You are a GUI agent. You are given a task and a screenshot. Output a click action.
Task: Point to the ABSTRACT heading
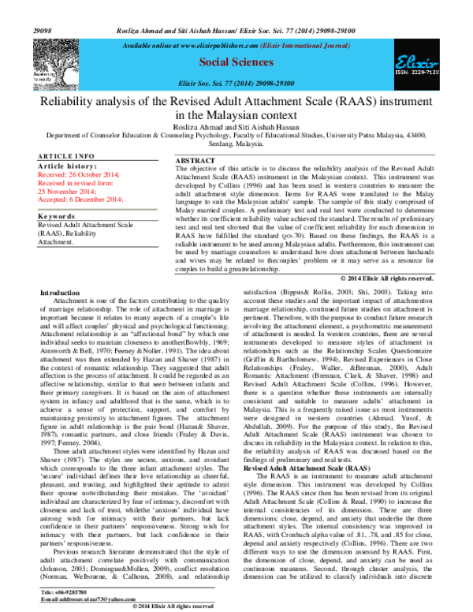pyautogui.click(x=195, y=161)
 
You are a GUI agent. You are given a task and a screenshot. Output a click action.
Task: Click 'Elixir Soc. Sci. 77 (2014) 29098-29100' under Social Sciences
pyautogui.click(x=237, y=83)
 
